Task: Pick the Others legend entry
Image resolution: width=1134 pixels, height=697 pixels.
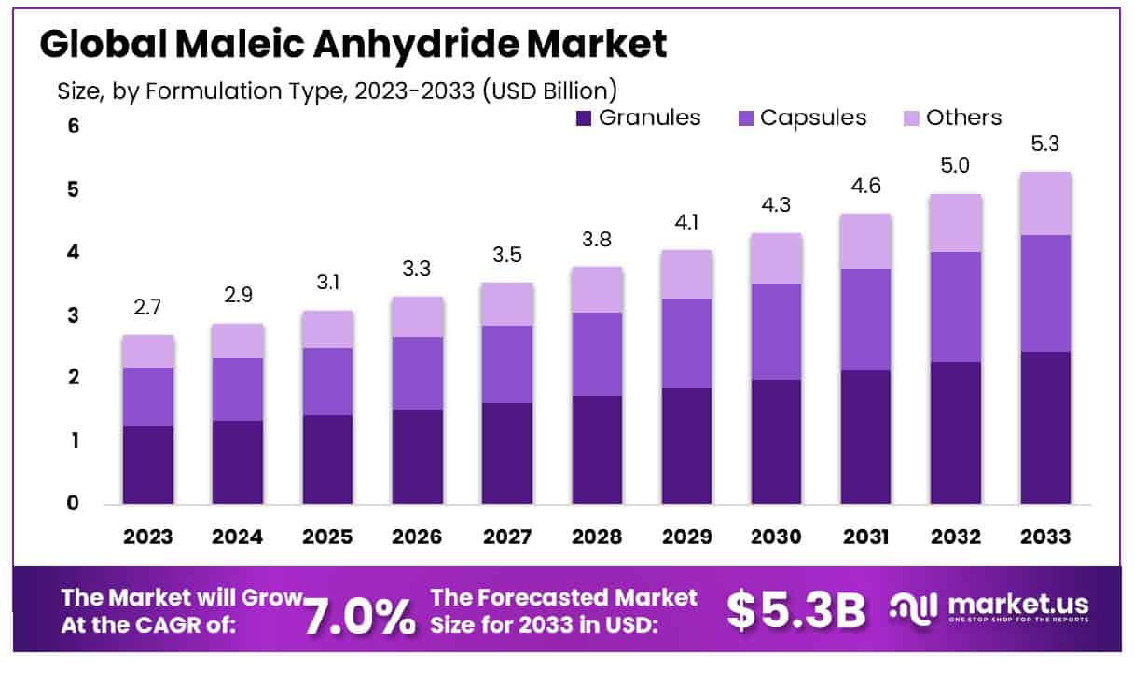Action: point(951,118)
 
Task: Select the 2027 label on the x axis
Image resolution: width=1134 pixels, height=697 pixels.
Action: point(508,537)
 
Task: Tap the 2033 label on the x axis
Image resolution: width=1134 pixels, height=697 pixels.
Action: point(1045,537)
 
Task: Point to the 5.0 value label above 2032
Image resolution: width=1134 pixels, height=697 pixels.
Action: point(956,166)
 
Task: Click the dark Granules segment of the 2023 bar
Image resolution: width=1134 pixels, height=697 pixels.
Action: point(148,465)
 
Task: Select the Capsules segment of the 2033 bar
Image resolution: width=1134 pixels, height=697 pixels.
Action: point(1045,293)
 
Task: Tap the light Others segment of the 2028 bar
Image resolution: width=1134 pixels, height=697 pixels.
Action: point(598,289)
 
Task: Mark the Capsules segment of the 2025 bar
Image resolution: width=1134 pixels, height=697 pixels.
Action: point(328,382)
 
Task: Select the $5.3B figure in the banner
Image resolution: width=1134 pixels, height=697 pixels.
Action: point(795,609)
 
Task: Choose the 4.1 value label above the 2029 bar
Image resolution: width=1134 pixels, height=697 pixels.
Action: point(687,223)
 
